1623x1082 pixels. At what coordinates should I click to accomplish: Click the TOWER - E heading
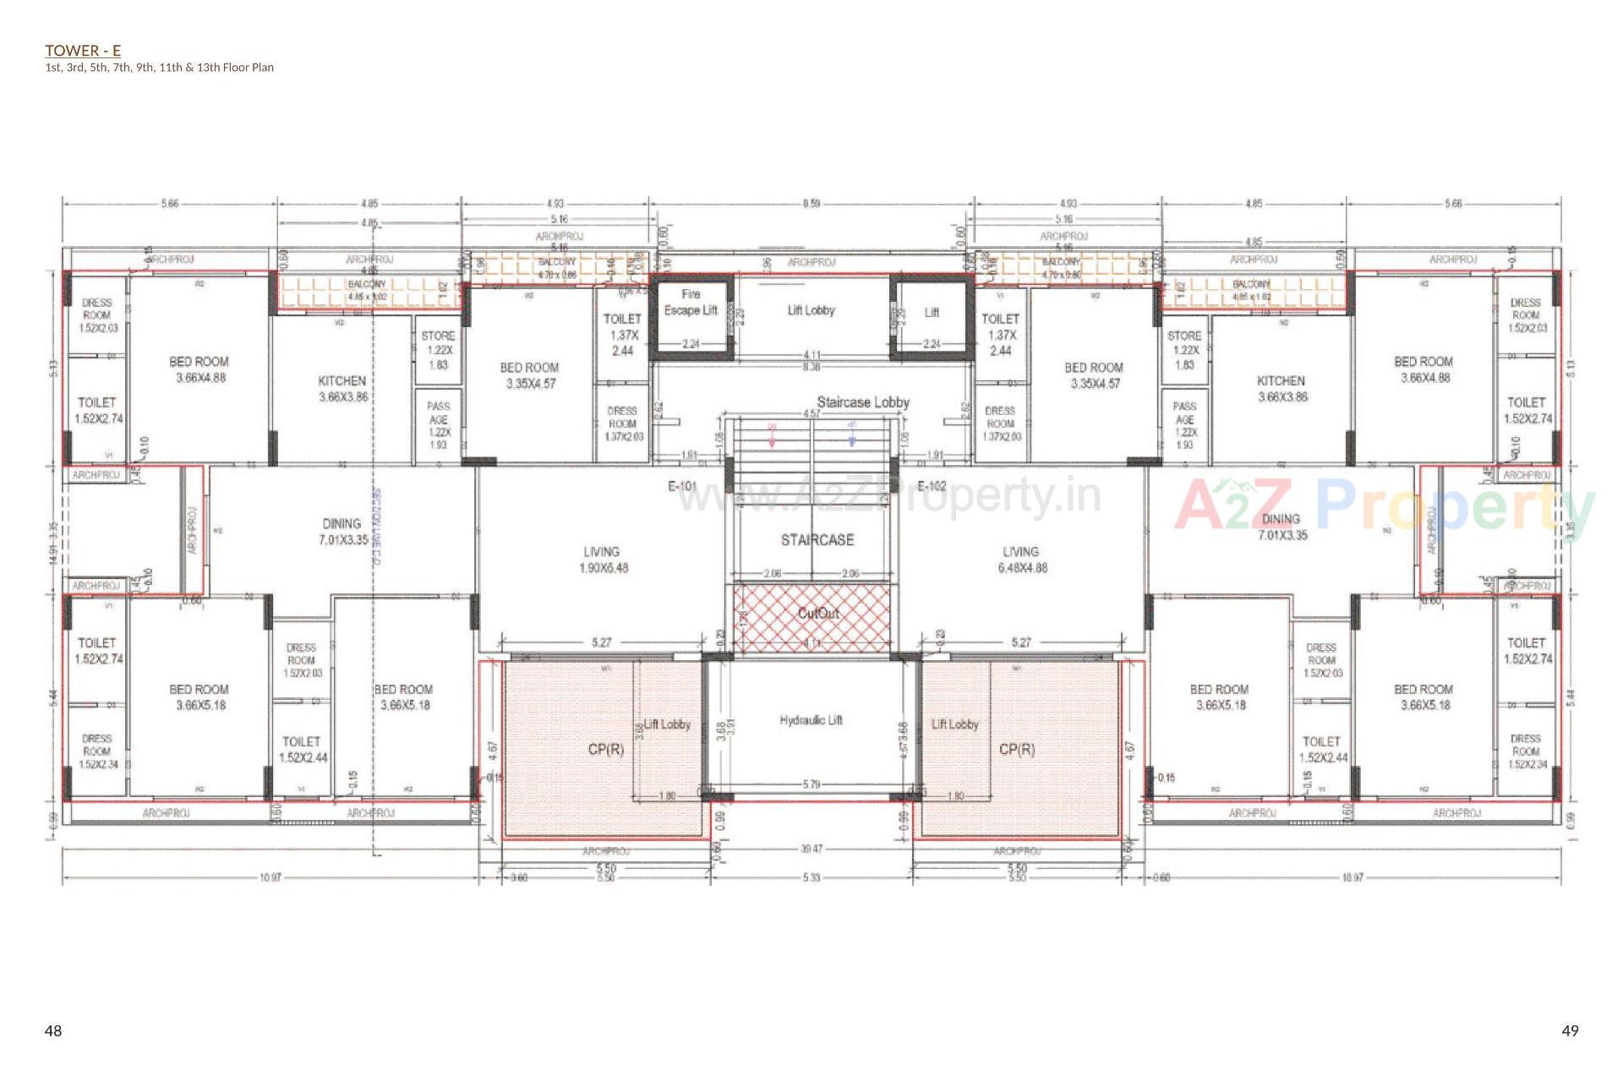[x=83, y=51]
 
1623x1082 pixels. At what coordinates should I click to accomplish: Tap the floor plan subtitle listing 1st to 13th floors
[x=159, y=68]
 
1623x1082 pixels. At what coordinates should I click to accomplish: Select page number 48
[x=53, y=1030]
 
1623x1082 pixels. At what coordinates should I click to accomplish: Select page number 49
[x=1570, y=1030]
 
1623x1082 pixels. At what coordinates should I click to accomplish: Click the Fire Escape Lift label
[x=691, y=303]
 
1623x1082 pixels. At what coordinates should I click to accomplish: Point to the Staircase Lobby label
[x=862, y=402]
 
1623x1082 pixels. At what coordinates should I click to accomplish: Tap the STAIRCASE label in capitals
[x=817, y=540]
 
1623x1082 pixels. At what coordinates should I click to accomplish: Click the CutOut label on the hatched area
[x=818, y=613]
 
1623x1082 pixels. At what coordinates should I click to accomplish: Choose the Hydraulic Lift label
[x=811, y=720]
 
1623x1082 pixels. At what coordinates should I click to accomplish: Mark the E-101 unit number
[x=682, y=486]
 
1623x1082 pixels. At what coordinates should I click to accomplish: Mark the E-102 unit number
[x=932, y=486]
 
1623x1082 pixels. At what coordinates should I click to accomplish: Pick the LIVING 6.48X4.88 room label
[x=1021, y=560]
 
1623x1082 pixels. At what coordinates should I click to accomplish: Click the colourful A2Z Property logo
[x=1384, y=505]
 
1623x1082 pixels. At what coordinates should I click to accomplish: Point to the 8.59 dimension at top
[x=811, y=204]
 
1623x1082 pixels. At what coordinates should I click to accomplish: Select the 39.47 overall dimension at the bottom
[x=811, y=849]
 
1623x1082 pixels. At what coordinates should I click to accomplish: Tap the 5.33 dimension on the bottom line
[x=811, y=877]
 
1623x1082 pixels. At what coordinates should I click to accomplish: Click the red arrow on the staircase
[x=772, y=434]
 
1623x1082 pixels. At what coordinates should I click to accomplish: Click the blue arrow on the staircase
[x=852, y=434]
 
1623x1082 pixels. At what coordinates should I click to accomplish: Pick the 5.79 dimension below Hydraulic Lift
[x=811, y=785]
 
